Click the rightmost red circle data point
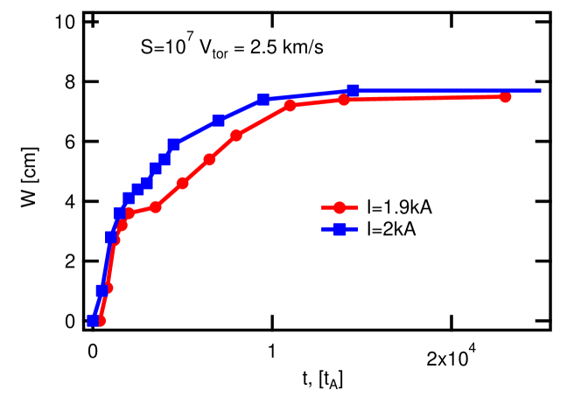coord(506,97)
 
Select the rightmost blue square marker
coord(353,90)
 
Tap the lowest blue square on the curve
coord(93,320)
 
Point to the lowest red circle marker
coord(101,321)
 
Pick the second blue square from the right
coord(262,100)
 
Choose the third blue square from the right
coord(219,120)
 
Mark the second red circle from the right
coord(345,100)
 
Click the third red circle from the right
coord(290,107)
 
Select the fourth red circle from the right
coord(236,136)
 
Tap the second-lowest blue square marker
coord(101,290)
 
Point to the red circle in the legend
coord(339,208)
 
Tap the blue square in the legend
coord(339,229)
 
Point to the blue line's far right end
coord(542,90)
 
